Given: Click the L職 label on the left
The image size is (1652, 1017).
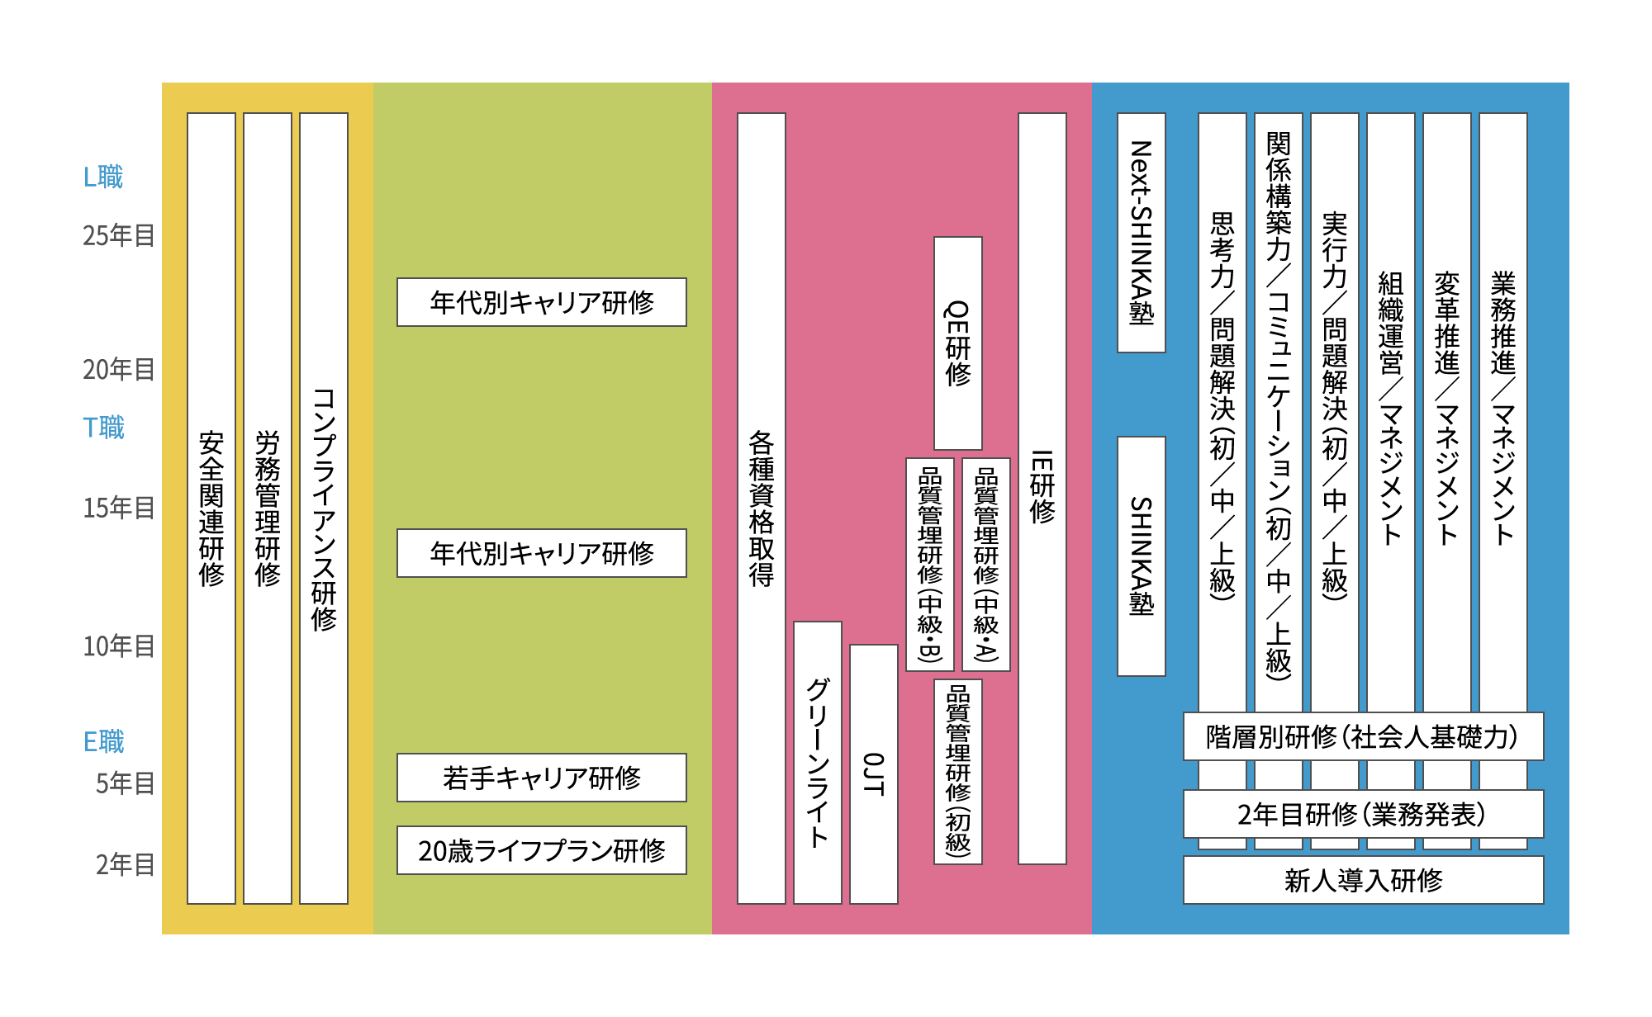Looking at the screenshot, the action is click(x=103, y=177).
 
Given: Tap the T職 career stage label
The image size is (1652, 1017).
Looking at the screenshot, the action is click(x=103, y=428).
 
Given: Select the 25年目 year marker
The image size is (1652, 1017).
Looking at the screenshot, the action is click(x=119, y=236).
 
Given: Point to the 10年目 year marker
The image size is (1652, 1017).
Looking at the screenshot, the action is click(x=119, y=646).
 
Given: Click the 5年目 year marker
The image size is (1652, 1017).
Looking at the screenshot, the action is click(x=126, y=783).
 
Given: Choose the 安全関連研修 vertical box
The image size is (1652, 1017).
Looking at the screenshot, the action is click(x=211, y=508).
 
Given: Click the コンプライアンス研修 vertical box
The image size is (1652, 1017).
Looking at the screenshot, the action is click(x=324, y=508).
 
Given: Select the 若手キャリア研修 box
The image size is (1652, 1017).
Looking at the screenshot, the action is click(x=542, y=778).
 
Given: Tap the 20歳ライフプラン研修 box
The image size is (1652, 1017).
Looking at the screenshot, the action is click(x=542, y=850).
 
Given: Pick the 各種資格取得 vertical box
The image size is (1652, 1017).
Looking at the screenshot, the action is click(x=762, y=508).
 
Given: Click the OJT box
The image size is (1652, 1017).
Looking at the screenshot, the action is click(x=874, y=774).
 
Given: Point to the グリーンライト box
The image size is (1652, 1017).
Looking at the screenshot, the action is click(x=818, y=763).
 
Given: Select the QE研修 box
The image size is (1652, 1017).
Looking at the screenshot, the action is click(x=958, y=343).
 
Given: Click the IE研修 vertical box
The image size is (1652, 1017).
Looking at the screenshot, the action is click(x=1042, y=489).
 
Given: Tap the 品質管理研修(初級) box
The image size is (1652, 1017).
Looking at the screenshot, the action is click(x=958, y=772).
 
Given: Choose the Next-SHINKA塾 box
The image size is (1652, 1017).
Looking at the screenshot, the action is click(x=1142, y=233).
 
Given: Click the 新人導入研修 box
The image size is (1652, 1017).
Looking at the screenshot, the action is click(x=1364, y=880).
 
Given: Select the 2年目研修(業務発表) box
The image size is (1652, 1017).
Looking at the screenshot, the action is click(x=1364, y=814).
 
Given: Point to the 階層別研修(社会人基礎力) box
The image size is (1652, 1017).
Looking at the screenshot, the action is click(x=1364, y=736).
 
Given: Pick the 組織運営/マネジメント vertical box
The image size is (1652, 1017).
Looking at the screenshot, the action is click(x=1391, y=413).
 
